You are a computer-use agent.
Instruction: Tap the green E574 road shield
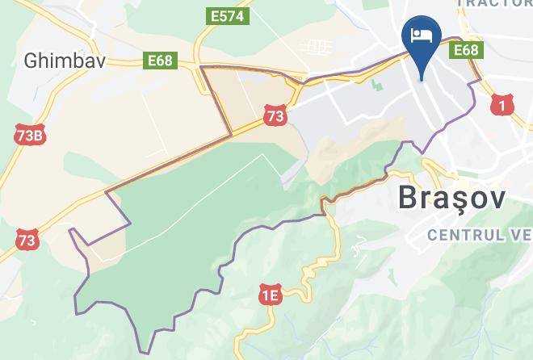coord(228,15)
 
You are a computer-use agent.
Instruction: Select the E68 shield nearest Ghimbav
coord(161,60)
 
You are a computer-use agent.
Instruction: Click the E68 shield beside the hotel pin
coord(466,50)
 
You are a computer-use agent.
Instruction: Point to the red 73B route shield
coord(29,135)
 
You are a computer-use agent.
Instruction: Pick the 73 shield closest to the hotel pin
coord(275,116)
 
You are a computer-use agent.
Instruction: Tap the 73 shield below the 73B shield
coord(27,240)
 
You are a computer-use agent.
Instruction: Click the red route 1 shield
coord(503,104)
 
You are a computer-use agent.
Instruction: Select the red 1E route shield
coord(270,295)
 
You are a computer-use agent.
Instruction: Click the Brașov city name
coord(452,199)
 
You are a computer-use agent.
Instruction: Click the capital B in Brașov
coord(409,199)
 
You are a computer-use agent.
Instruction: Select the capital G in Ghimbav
coord(31,60)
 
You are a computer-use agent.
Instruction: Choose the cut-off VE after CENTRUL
coord(521,235)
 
